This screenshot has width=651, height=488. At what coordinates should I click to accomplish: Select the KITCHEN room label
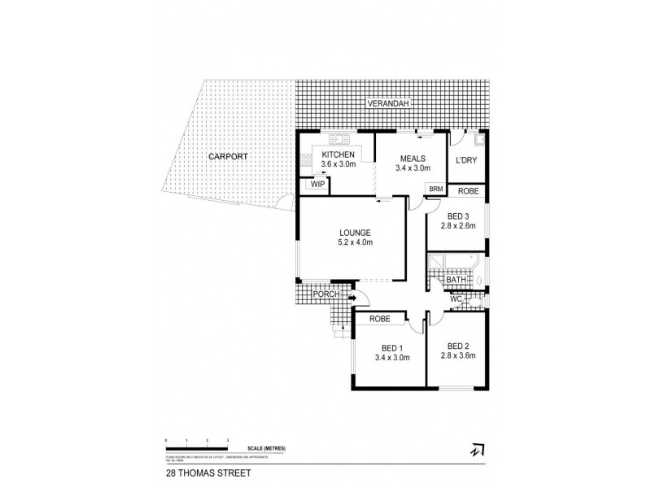coord(339,154)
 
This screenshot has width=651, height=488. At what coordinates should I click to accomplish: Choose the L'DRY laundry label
coord(467,159)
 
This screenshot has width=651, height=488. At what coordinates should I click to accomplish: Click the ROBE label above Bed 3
coord(467,191)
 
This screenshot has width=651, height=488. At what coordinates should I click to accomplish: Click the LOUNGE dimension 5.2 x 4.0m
coord(352,242)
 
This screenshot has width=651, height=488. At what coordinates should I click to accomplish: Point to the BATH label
coord(456,281)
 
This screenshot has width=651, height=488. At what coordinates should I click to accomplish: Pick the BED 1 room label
coord(391,347)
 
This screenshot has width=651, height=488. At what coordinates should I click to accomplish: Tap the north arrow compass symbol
coord(476,447)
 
